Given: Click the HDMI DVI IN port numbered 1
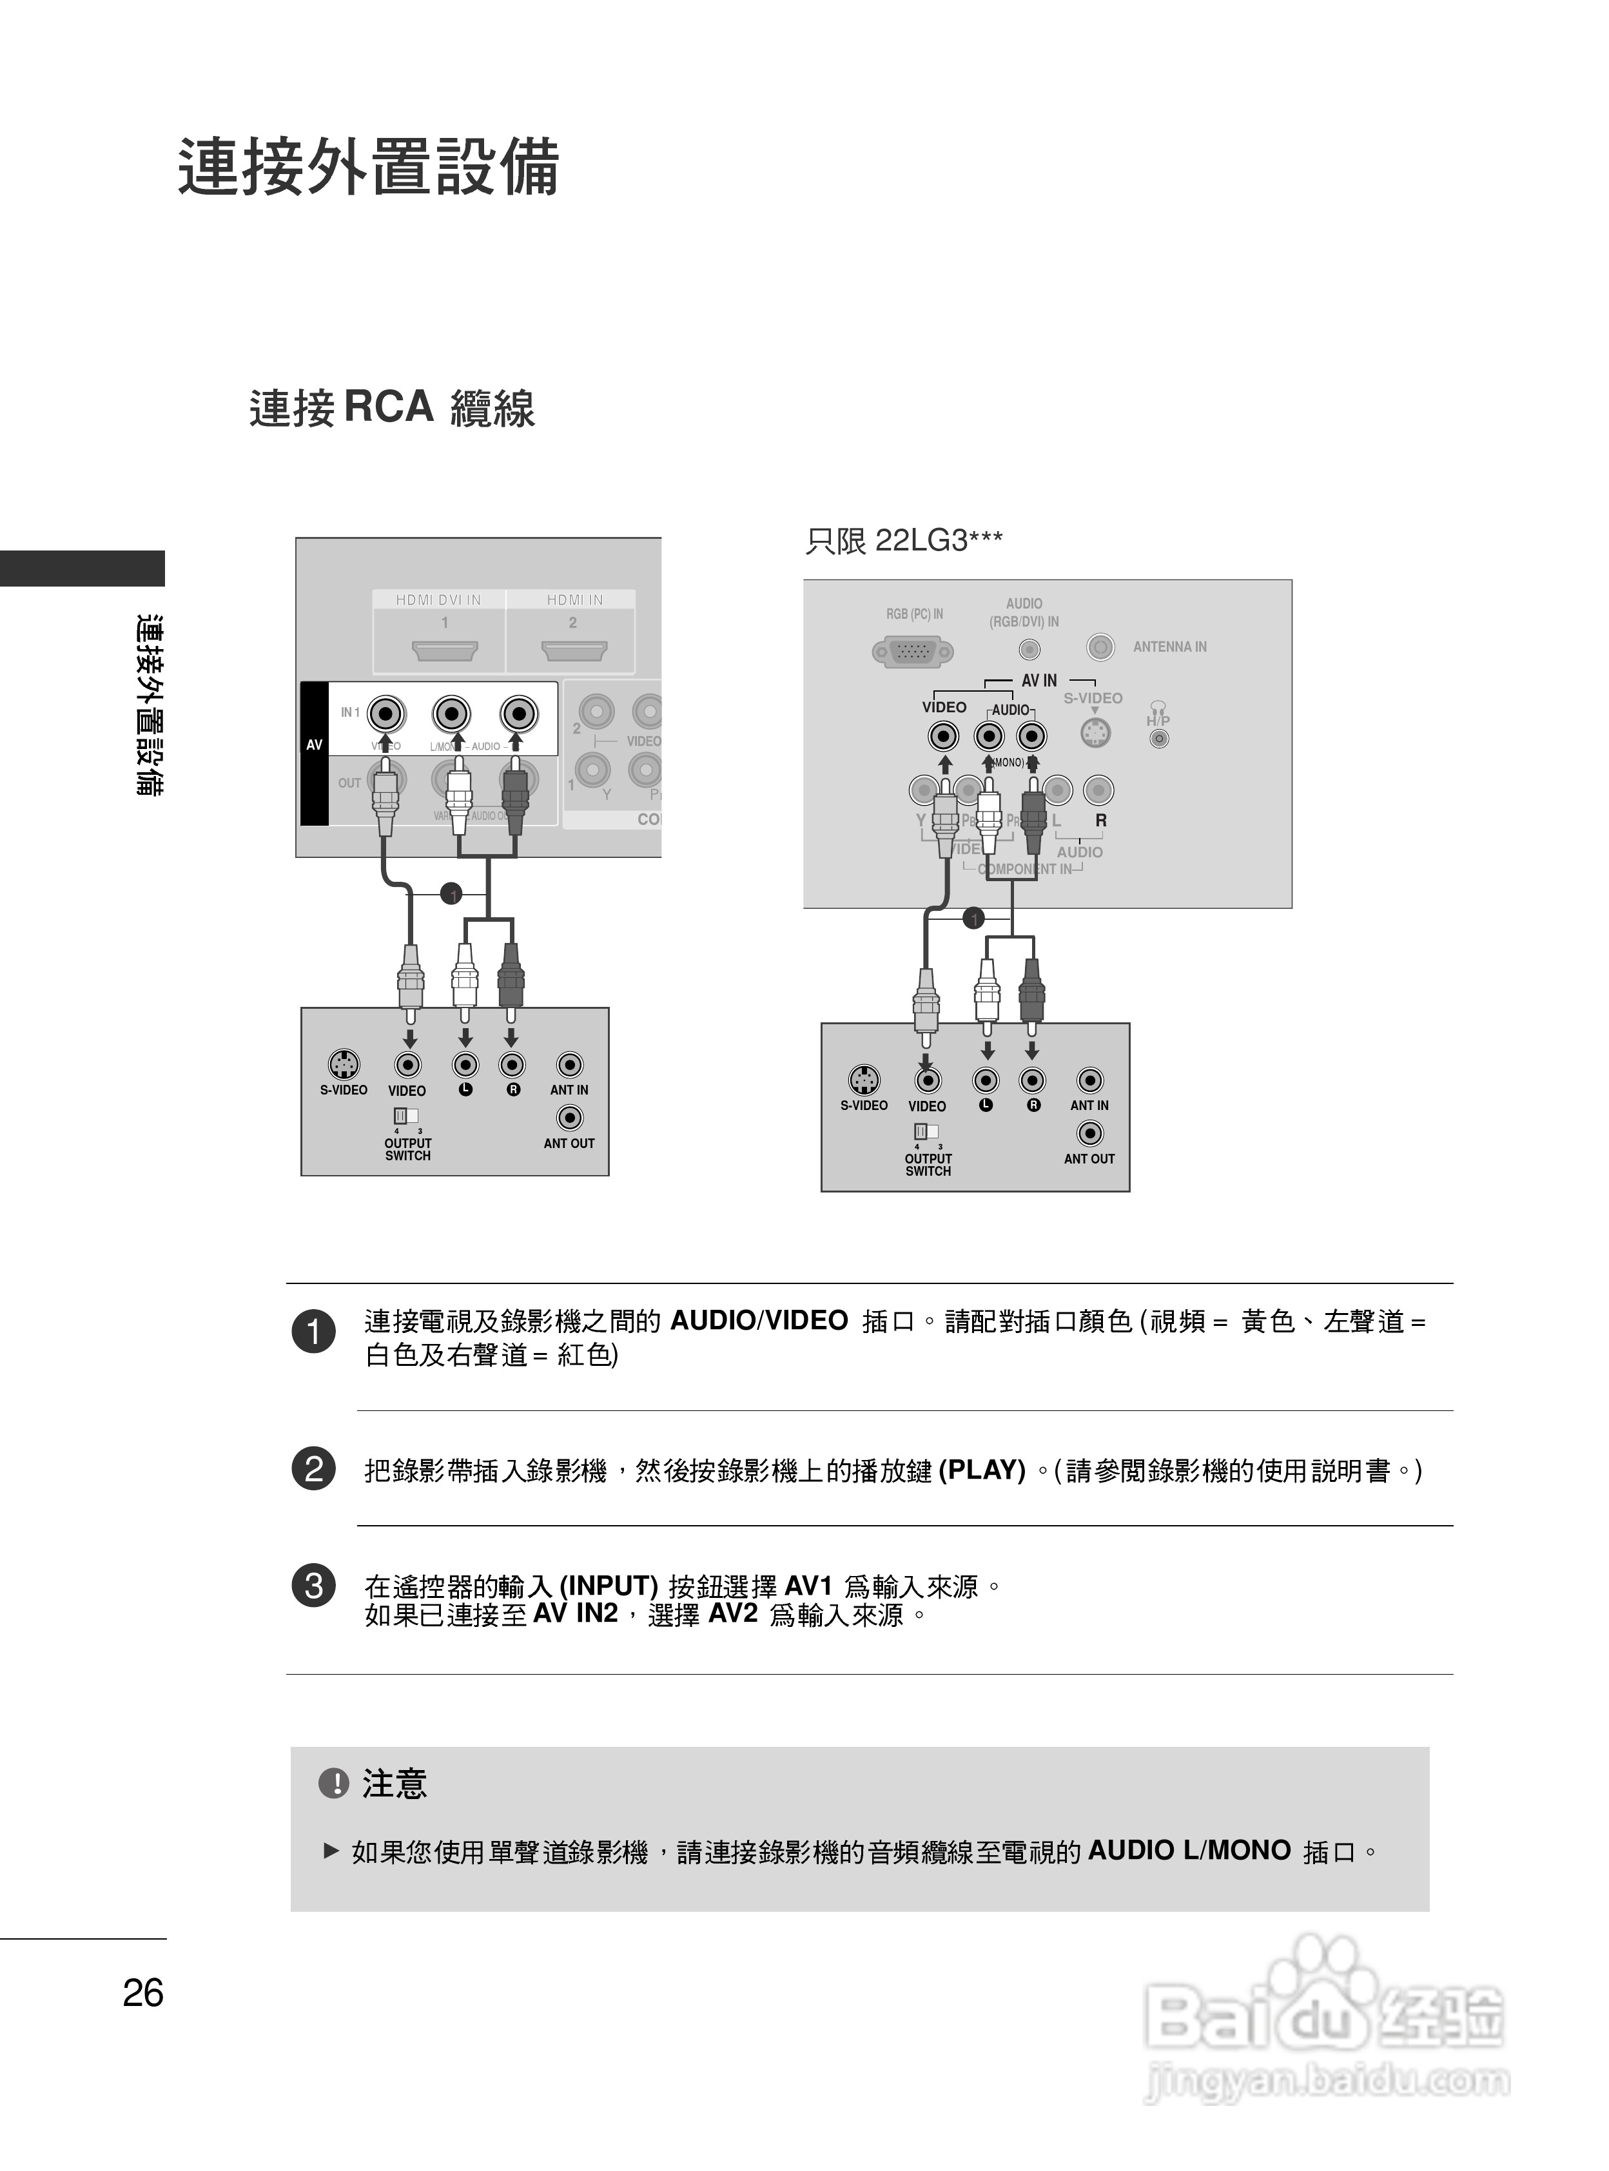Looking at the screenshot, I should (x=445, y=650).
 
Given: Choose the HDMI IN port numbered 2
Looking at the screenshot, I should (x=574, y=650).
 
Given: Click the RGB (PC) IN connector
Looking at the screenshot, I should (x=913, y=652).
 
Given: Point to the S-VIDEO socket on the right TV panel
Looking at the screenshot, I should (x=1096, y=732).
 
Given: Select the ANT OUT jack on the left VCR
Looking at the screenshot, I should (x=569, y=1117).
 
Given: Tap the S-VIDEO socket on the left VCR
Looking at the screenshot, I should (x=343, y=1065).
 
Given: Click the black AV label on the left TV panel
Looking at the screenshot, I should (x=314, y=745).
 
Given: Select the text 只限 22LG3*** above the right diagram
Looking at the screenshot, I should (x=903, y=541).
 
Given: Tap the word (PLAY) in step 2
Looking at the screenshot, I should (x=982, y=1470).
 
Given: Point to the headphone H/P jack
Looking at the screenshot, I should (x=1158, y=738).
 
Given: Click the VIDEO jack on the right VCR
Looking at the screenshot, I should (x=927, y=1080).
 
